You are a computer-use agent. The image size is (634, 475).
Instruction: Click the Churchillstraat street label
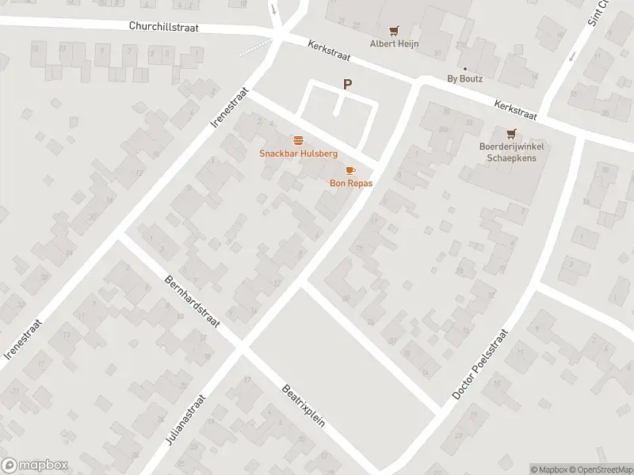point(164,26)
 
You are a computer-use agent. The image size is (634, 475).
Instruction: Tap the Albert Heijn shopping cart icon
point(394,31)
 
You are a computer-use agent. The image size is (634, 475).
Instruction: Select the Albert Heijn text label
point(394,44)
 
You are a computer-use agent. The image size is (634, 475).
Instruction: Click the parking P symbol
point(346,84)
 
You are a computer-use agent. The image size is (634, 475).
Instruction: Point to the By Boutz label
point(464,78)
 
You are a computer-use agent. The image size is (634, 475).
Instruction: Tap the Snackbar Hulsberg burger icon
point(298,139)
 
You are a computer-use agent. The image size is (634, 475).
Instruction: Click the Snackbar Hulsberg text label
point(298,153)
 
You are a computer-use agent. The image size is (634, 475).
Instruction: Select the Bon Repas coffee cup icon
point(350,170)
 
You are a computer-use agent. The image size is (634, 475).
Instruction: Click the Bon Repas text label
point(351,183)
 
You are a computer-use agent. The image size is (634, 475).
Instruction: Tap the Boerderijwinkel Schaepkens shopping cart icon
point(511,133)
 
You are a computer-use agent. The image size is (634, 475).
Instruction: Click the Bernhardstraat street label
point(192,302)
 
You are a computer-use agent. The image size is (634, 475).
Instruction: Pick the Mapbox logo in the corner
point(35,465)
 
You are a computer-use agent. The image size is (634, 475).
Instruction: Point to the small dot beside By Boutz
point(464,69)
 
